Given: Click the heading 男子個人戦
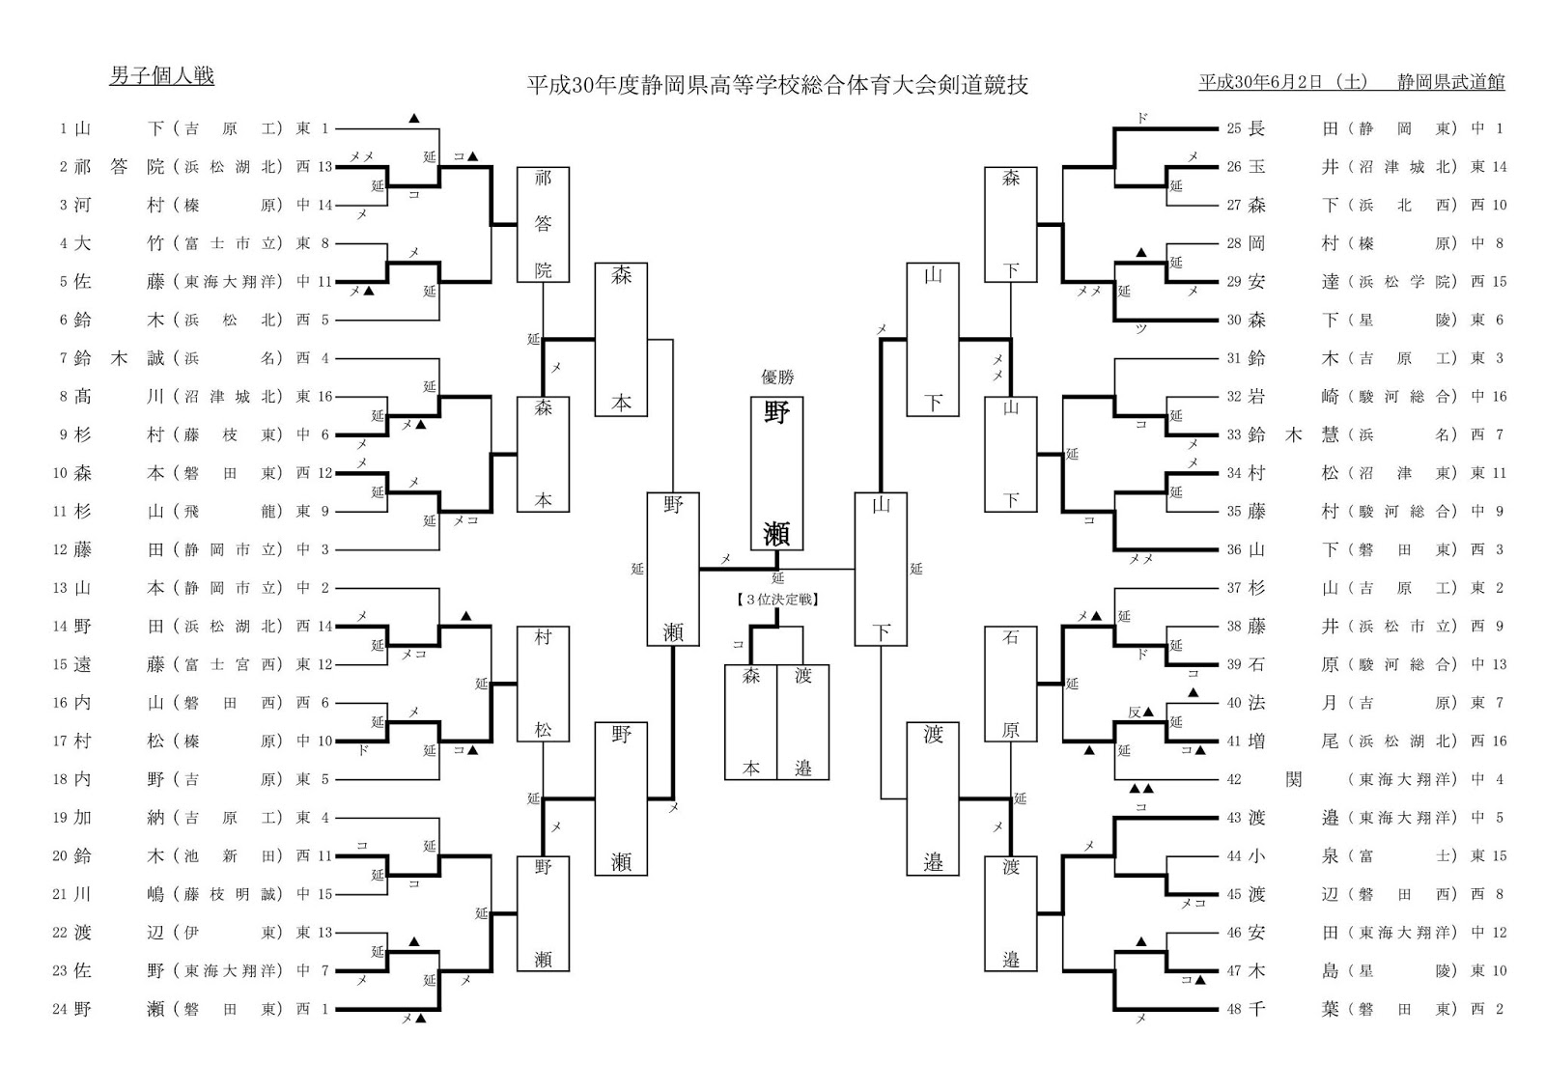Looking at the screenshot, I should [x=161, y=76].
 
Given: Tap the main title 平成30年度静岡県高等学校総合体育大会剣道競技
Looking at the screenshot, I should [x=776, y=85].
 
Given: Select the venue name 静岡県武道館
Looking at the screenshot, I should [x=1451, y=82].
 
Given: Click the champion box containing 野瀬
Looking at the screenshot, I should [x=776, y=473].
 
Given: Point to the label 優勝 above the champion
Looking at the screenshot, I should [x=777, y=378].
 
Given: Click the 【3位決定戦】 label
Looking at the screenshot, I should [x=777, y=600].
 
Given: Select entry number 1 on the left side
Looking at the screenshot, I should [x=63, y=128].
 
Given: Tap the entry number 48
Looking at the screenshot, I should [x=1234, y=1009].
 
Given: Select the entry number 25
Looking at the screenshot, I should [x=1234, y=128].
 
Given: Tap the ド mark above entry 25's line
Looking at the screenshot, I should [x=1143, y=118].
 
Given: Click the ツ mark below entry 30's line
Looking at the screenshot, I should [x=1141, y=329].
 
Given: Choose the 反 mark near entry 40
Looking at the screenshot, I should [x=1136, y=713].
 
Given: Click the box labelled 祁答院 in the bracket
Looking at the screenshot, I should [x=544, y=224].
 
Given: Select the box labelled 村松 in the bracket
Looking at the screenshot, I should [x=544, y=684].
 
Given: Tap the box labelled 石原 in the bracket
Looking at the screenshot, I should [x=1011, y=684].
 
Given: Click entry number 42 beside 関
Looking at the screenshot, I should [x=1234, y=779].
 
